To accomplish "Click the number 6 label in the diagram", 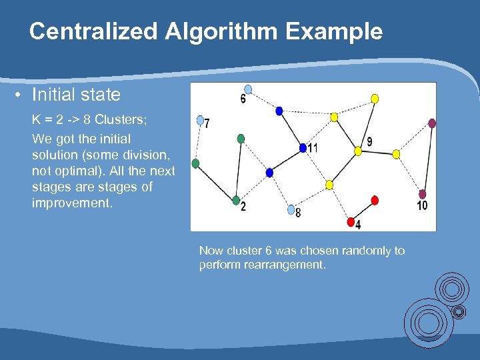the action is [243, 99].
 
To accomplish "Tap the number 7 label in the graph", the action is [208, 124].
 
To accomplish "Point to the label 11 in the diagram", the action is [312, 148].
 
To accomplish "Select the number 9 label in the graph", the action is [369, 141].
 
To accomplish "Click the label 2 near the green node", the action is [243, 207].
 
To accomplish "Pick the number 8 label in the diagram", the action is [298, 213].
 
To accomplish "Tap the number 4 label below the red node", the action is [358, 225].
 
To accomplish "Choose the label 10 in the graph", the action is [422, 206].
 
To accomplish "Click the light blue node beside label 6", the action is [249, 89].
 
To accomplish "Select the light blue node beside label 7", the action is [200, 121].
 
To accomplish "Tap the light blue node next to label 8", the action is [290, 209].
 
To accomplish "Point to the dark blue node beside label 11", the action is [303, 147].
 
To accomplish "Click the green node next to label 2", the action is [236, 200].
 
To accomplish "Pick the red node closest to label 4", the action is [351, 221].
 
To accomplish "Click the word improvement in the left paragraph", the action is [72, 203].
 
